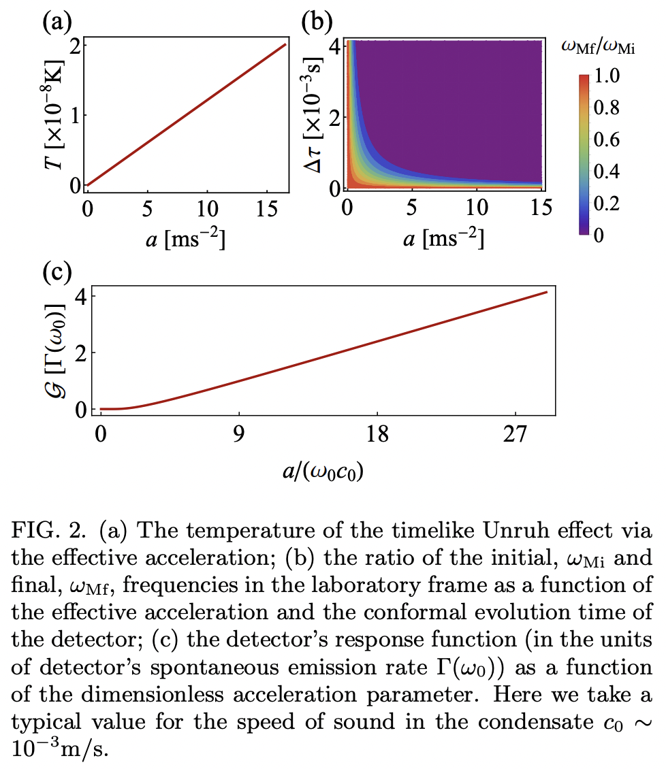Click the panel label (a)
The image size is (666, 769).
pyautogui.click(x=57, y=22)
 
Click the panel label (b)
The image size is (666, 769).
pyautogui.click(x=318, y=22)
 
